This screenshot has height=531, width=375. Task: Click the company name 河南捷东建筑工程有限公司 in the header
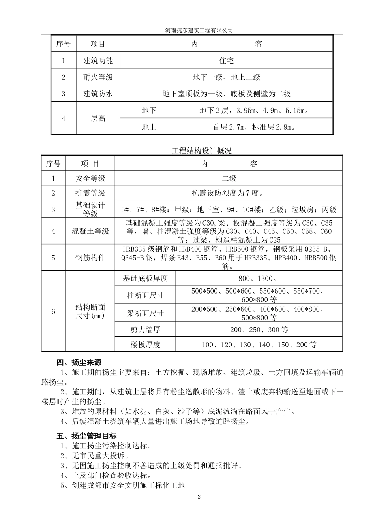coord(199,30)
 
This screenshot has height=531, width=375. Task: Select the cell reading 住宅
coord(226,60)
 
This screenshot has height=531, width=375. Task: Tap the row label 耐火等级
coord(98,77)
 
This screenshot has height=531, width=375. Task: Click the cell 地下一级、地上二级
coord(226,77)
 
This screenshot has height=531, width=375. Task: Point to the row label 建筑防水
coord(98,94)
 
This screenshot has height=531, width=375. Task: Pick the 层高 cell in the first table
coord(98,119)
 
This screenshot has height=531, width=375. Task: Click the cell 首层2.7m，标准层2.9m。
coord(254,127)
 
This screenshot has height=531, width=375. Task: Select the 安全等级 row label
coord(90,179)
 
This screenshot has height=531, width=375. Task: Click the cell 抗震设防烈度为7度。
coord(228,193)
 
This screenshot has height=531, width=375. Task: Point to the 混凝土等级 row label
coord(90,232)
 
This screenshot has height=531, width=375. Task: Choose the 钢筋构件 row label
coord(90,258)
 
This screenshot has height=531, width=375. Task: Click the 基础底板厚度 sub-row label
coord(145,279)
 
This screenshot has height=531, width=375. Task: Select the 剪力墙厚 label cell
coord(145,330)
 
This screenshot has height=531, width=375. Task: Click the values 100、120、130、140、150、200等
coord(259,345)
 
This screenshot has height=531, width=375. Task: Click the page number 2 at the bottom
coord(199,497)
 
